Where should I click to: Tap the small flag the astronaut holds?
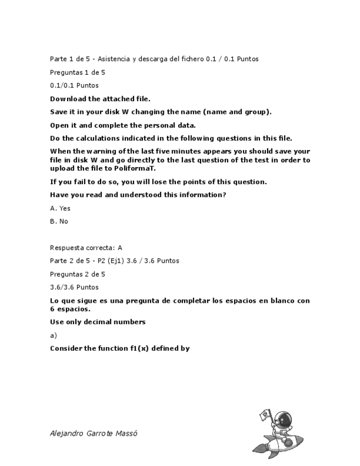coord(265,415)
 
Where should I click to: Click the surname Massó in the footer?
coord(126,433)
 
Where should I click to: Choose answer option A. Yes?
coord(60,208)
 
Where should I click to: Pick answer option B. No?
coord(59,221)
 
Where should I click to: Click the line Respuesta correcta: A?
coord(86,248)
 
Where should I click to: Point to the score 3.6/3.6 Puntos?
coord(74,287)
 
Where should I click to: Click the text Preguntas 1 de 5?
coord(77,72)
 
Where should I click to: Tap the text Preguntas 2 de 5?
coord(77,274)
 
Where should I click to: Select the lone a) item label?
coord(53,335)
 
